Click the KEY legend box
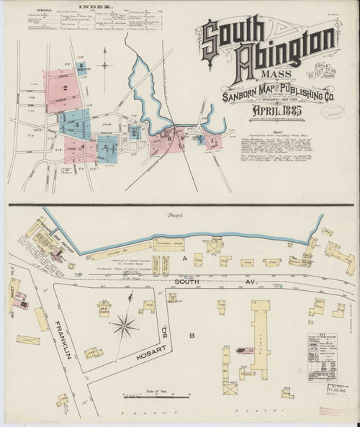pyautogui.click(x=327, y=356)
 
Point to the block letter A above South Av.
pyautogui.click(x=186, y=258)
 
